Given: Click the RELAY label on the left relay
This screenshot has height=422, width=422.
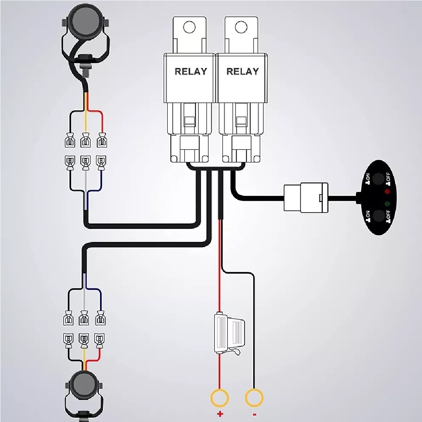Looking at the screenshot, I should (191, 71).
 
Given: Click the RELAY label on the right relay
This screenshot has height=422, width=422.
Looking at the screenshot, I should (242, 71).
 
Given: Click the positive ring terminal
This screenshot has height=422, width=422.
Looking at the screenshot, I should (220, 398).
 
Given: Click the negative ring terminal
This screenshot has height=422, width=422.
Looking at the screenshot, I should (254, 398).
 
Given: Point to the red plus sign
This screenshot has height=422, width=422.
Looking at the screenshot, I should (220, 415).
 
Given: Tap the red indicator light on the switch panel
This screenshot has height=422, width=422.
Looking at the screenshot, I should (388, 192).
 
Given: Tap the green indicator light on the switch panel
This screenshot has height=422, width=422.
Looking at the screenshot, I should (387, 204).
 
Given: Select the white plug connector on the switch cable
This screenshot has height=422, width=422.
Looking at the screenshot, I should (306, 198).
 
